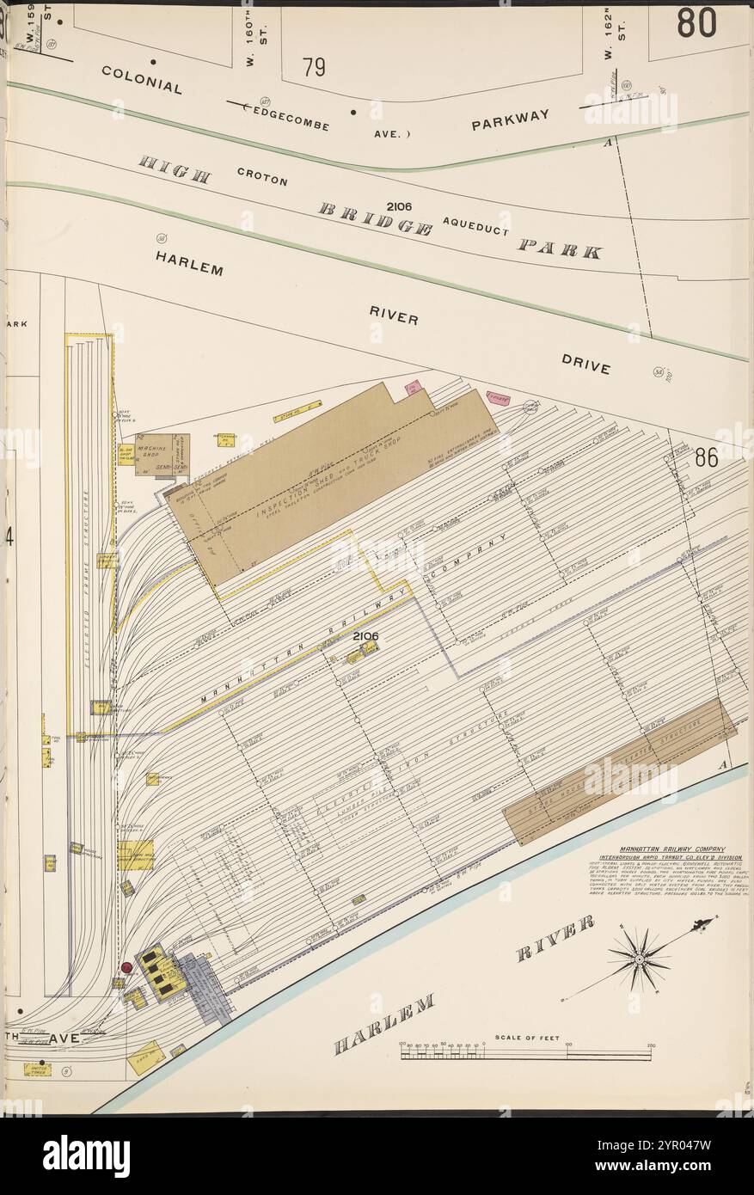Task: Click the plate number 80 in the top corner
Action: [696, 23]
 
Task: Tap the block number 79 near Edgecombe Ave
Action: [314, 67]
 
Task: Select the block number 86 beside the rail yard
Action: [707, 457]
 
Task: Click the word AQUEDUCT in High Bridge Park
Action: [476, 226]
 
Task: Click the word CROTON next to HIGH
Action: [262, 176]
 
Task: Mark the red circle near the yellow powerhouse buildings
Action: [127, 968]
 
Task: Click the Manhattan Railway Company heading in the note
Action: [671, 849]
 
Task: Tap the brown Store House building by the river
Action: [619, 770]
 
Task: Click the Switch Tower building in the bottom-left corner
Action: [37, 1069]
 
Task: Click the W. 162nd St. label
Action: [609, 39]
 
